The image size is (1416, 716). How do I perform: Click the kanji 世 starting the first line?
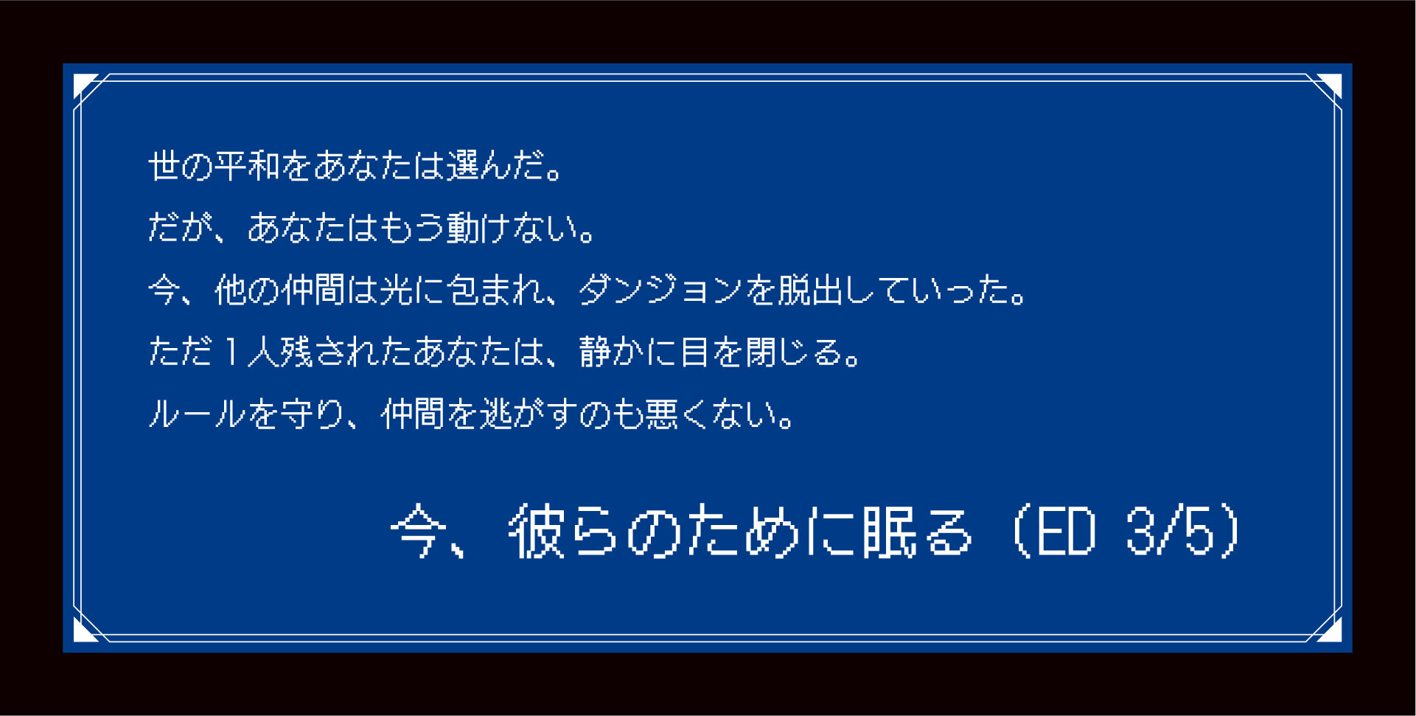click(x=164, y=165)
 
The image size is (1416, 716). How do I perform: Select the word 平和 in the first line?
click(x=247, y=165)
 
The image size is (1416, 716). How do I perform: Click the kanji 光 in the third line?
click(x=396, y=289)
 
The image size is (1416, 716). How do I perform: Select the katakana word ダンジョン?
click(x=660, y=289)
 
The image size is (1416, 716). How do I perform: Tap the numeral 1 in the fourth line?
click(x=231, y=351)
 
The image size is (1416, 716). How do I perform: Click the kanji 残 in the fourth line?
click(x=296, y=351)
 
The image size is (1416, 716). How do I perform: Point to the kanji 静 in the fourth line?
click(x=595, y=351)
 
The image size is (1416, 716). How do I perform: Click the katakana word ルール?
click(x=197, y=413)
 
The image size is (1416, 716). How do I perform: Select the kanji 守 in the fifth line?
click(x=296, y=413)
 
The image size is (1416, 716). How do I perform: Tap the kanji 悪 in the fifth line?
click(x=661, y=413)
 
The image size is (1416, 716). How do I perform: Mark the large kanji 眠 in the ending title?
click(x=889, y=531)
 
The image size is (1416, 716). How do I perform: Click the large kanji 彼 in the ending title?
click(x=537, y=531)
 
